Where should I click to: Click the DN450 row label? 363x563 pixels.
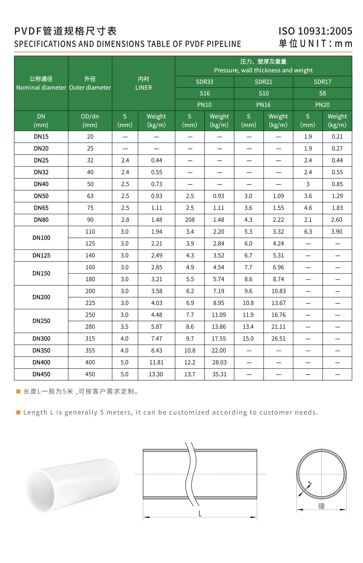tap(41, 374)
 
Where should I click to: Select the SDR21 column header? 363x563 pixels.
tap(263, 82)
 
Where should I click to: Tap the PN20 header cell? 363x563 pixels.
tap(322, 105)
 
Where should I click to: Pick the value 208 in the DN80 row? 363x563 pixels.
tap(190, 220)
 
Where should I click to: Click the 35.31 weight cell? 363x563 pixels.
tap(219, 374)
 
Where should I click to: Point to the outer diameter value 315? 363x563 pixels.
tap(90, 339)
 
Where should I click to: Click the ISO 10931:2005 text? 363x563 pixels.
tap(315, 31)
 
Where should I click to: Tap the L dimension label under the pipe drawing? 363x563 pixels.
tap(200, 514)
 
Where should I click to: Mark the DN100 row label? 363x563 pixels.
tap(41, 238)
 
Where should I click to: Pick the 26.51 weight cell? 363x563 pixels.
tap(278, 339)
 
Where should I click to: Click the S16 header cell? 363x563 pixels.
tap(205, 93)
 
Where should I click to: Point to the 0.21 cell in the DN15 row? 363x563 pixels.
tap(337, 137)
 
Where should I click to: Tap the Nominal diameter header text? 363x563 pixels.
tap(41, 88)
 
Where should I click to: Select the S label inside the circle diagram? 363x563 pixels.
tap(310, 483)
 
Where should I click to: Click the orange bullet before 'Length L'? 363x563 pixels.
tap(18, 412)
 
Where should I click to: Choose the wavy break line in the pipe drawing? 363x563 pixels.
tap(191, 474)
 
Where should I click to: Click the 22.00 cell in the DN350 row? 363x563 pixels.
tap(219, 350)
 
